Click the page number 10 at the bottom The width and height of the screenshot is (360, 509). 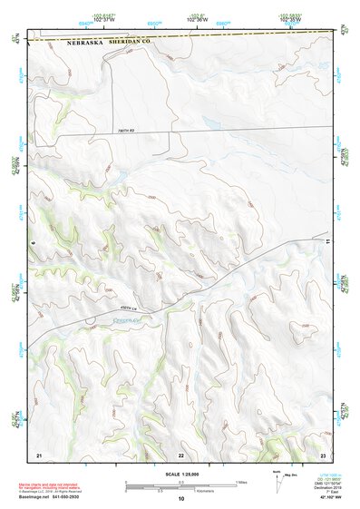[x=180, y=498]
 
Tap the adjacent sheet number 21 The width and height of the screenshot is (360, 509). [x=39, y=454]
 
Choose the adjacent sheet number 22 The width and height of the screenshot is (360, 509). [x=180, y=454]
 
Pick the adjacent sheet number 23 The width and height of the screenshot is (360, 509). [x=323, y=454]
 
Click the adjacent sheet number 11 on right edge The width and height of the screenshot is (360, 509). [x=326, y=242]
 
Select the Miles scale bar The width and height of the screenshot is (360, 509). [x=181, y=483]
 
